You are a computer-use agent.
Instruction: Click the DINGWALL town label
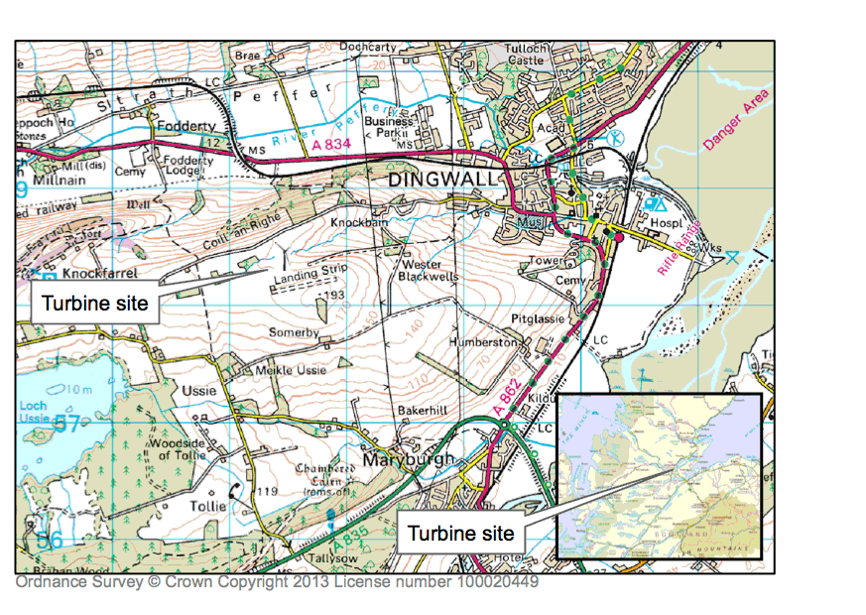point(442,181)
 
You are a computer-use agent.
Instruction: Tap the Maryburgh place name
point(409,460)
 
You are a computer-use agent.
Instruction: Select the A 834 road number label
point(330,145)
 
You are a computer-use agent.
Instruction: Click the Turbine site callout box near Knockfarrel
point(95,302)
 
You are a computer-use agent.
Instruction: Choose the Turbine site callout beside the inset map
point(461,534)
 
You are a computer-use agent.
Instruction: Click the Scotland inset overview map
point(659,475)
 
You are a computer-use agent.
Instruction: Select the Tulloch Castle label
point(525,54)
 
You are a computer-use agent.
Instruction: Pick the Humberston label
point(484,341)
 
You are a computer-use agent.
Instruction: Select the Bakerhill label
point(423,409)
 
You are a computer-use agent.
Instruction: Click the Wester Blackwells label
point(429,271)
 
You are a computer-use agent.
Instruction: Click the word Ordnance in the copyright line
point(47,582)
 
